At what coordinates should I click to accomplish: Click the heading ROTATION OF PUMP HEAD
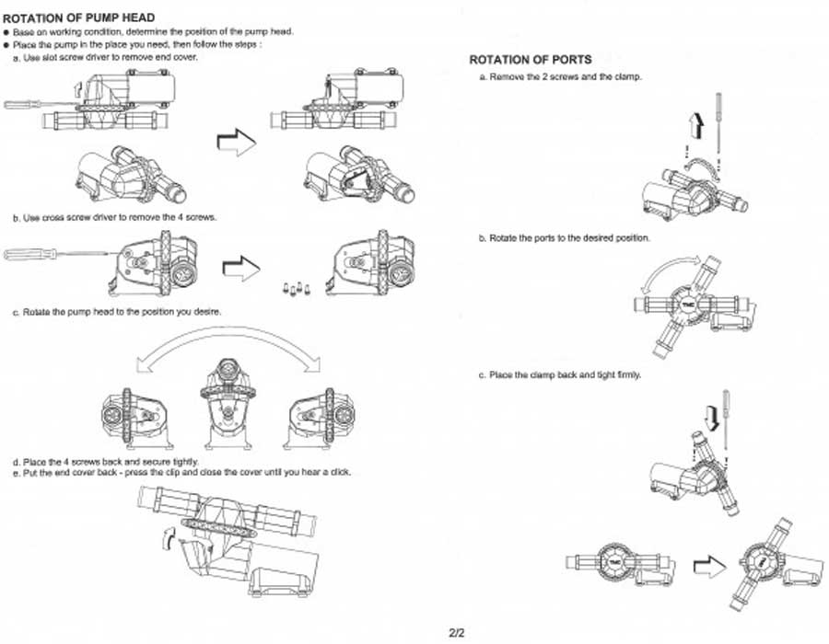point(79,17)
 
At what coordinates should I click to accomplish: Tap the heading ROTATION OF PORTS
point(531,60)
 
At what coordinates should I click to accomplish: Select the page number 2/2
point(456,633)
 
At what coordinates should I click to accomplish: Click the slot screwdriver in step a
point(37,104)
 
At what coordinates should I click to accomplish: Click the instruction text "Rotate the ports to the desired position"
point(564,238)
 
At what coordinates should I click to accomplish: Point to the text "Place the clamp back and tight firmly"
point(559,375)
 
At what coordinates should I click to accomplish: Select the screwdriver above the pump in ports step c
point(727,414)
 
